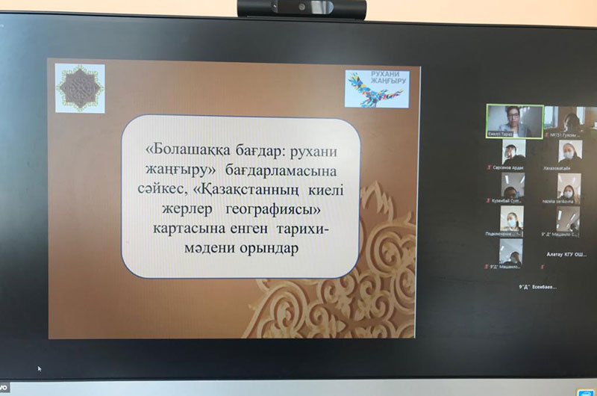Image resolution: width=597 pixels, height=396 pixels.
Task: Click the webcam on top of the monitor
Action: point(301,8)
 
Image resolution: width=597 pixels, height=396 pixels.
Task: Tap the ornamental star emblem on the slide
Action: point(80,88)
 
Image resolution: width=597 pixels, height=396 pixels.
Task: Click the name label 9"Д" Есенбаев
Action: point(538,287)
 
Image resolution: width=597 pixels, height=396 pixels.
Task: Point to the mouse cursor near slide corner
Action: point(40,368)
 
